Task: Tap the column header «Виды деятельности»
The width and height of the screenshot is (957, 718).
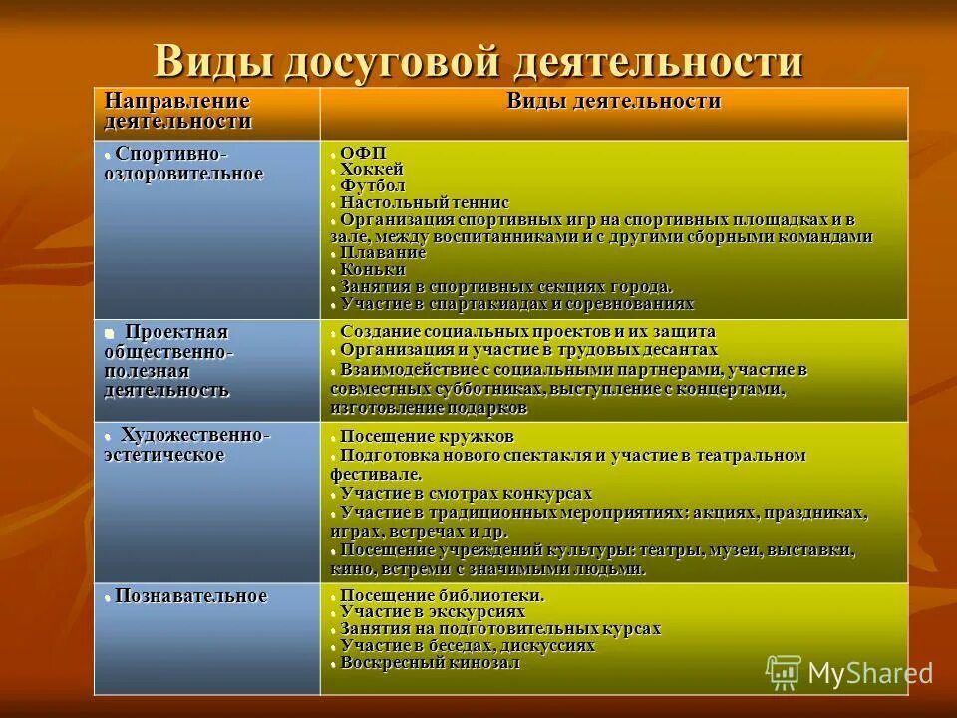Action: (x=613, y=101)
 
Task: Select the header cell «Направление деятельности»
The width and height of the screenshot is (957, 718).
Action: (x=177, y=111)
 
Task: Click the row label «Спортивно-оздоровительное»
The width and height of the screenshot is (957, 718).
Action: (x=184, y=164)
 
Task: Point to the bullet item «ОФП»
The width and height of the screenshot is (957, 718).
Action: (x=362, y=152)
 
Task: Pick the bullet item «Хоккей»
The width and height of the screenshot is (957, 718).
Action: (x=371, y=169)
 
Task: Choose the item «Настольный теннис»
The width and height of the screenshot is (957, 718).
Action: (x=424, y=202)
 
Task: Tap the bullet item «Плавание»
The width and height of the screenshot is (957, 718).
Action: (x=383, y=253)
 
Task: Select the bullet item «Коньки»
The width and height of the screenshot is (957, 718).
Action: (x=372, y=269)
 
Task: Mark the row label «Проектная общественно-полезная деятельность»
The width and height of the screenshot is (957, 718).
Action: (x=169, y=360)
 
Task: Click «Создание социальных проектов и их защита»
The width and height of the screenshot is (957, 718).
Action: (x=526, y=331)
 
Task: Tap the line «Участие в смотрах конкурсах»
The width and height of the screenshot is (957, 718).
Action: (x=466, y=493)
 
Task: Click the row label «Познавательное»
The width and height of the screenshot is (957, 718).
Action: (x=190, y=596)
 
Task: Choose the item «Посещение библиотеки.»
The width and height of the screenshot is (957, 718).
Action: (x=442, y=594)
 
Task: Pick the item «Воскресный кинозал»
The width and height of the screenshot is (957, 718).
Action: (x=430, y=661)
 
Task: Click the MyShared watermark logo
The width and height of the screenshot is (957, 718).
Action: (x=848, y=673)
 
